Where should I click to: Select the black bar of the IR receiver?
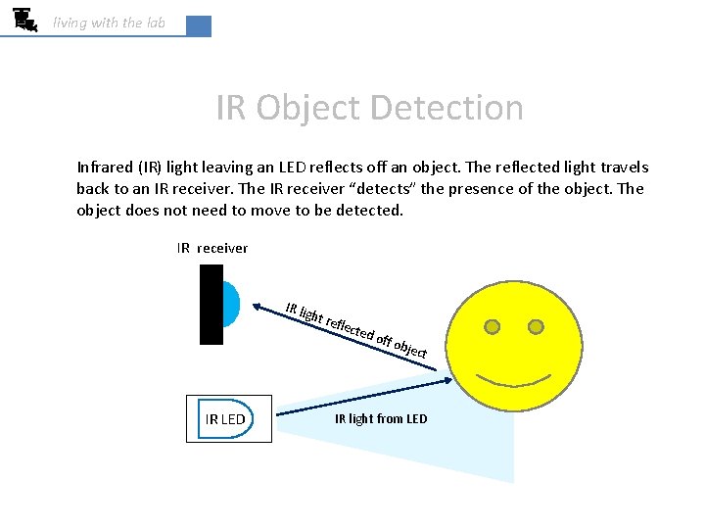(211, 305)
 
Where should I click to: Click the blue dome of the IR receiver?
(230, 304)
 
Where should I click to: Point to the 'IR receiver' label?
(212, 248)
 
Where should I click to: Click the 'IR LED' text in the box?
(225, 419)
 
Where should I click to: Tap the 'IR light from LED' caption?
(381, 419)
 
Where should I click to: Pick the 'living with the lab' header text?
(109, 23)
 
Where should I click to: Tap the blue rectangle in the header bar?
(198, 26)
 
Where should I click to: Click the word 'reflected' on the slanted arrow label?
(350, 327)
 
